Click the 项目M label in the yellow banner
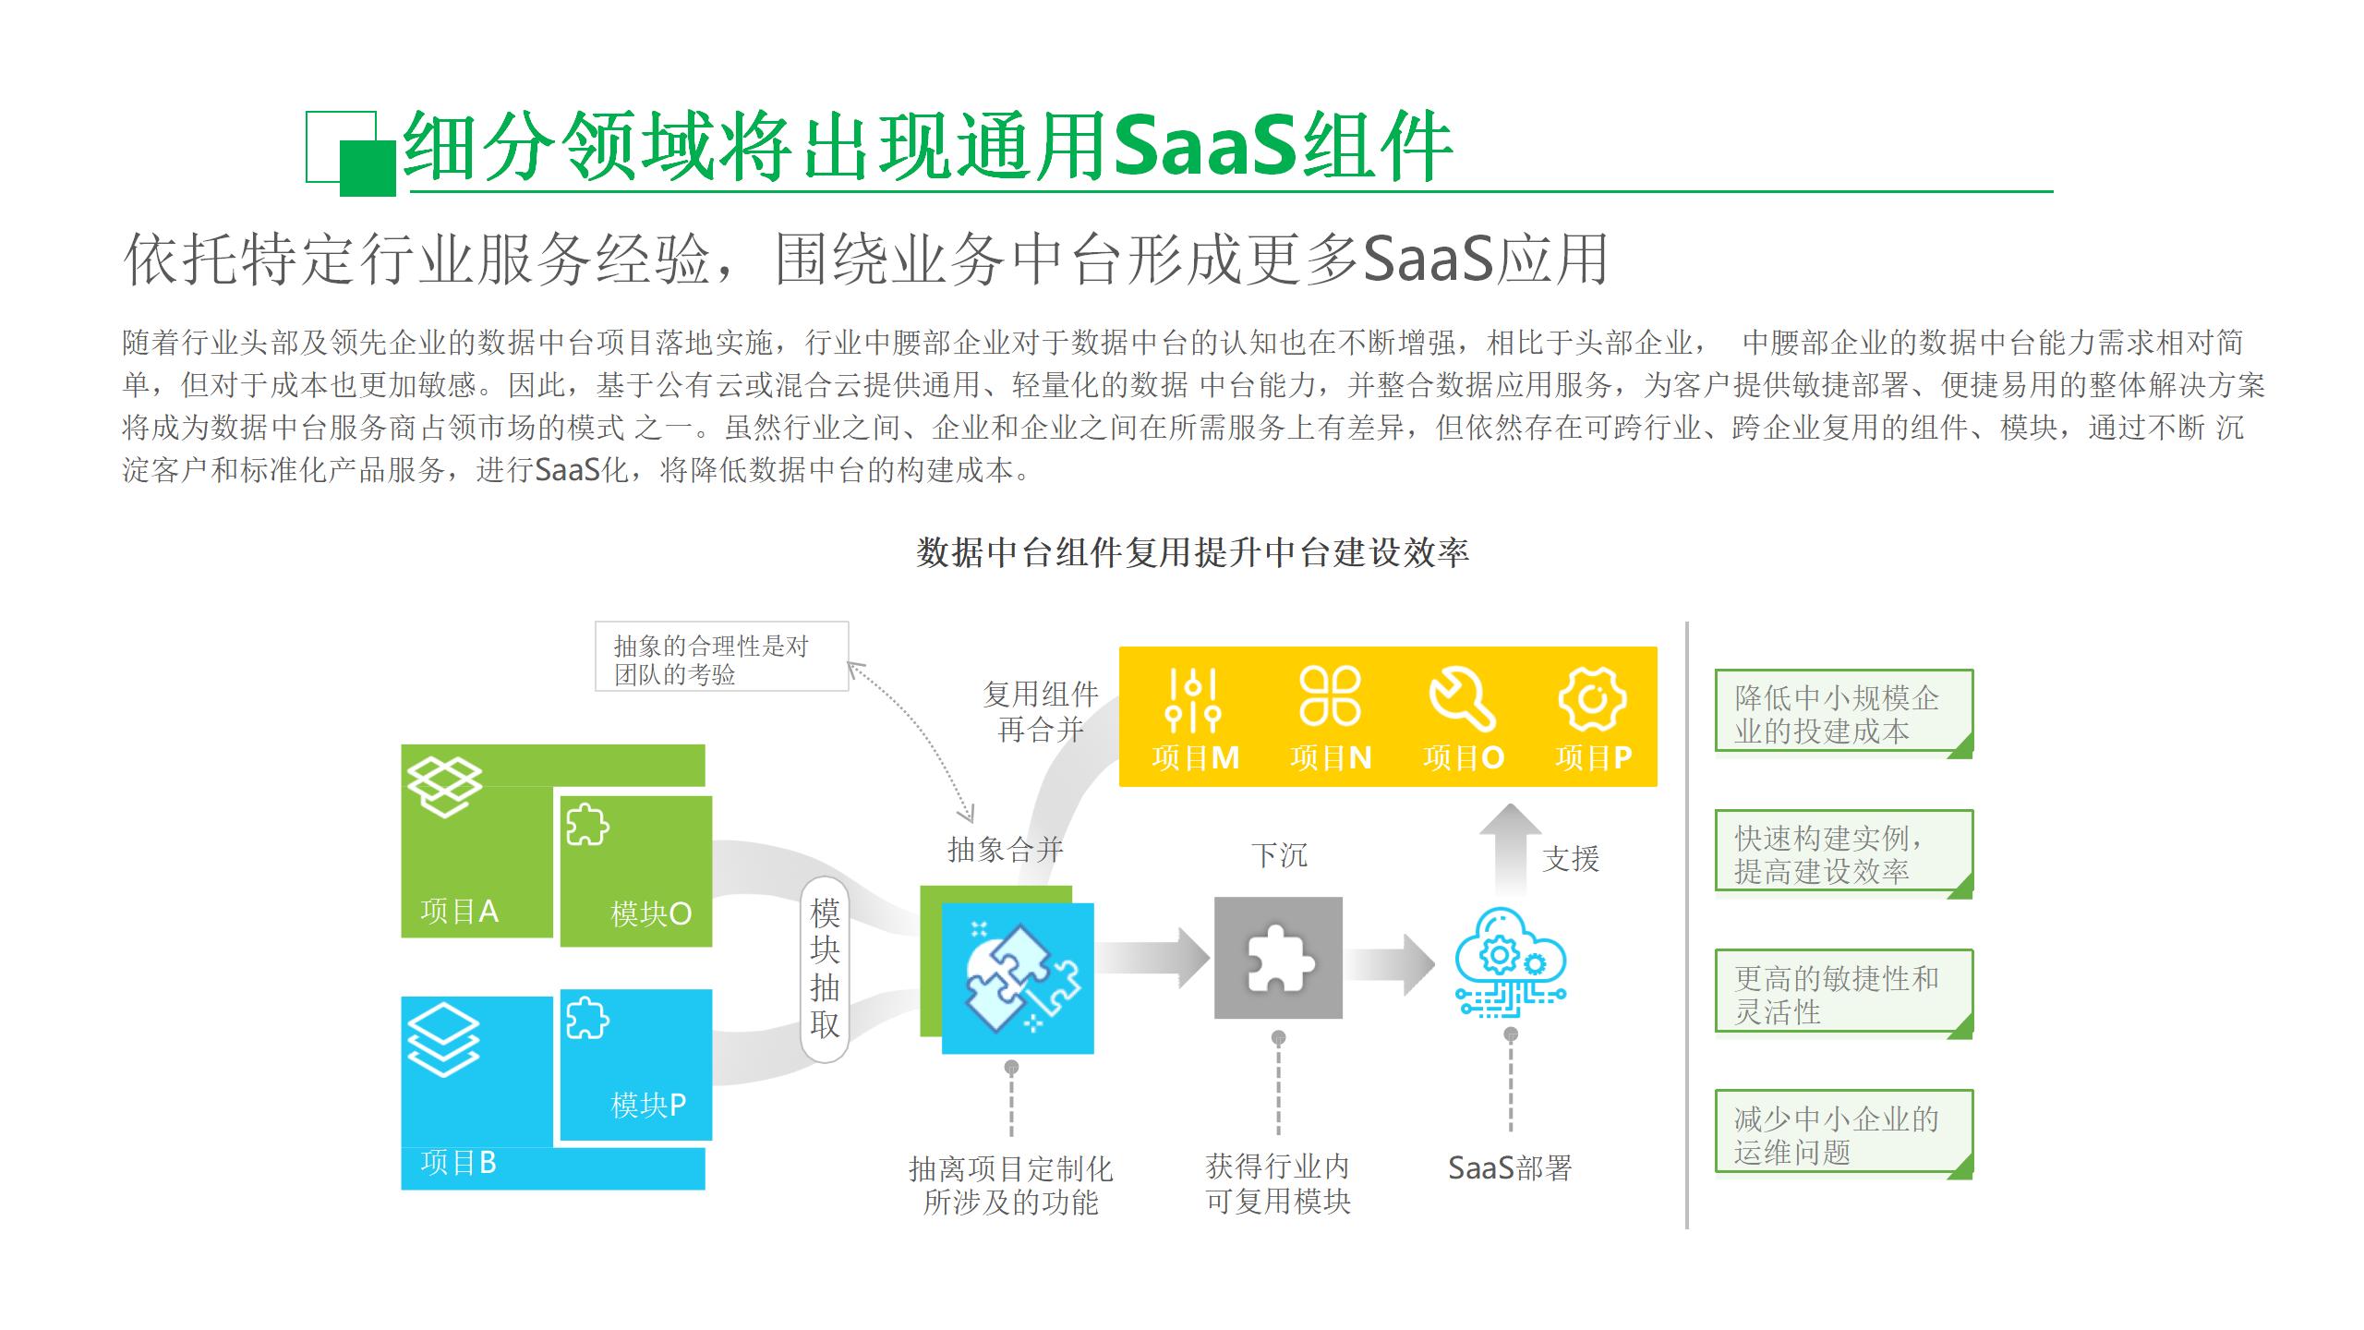tap(1195, 757)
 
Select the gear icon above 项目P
tap(1592, 698)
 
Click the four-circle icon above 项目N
tap(1330, 695)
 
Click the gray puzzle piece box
tap(1278, 958)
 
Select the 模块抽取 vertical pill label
tap(825, 969)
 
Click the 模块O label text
tap(651, 913)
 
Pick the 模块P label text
tap(648, 1105)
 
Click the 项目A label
tap(459, 912)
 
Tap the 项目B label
tap(458, 1162)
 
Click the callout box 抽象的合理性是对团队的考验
tap(721, 657)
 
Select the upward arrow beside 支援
tap(1510, 848)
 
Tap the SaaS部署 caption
tap(1510, 1168)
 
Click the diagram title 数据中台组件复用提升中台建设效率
tap(1192, 552)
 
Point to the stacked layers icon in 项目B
tap(444, 1040)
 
